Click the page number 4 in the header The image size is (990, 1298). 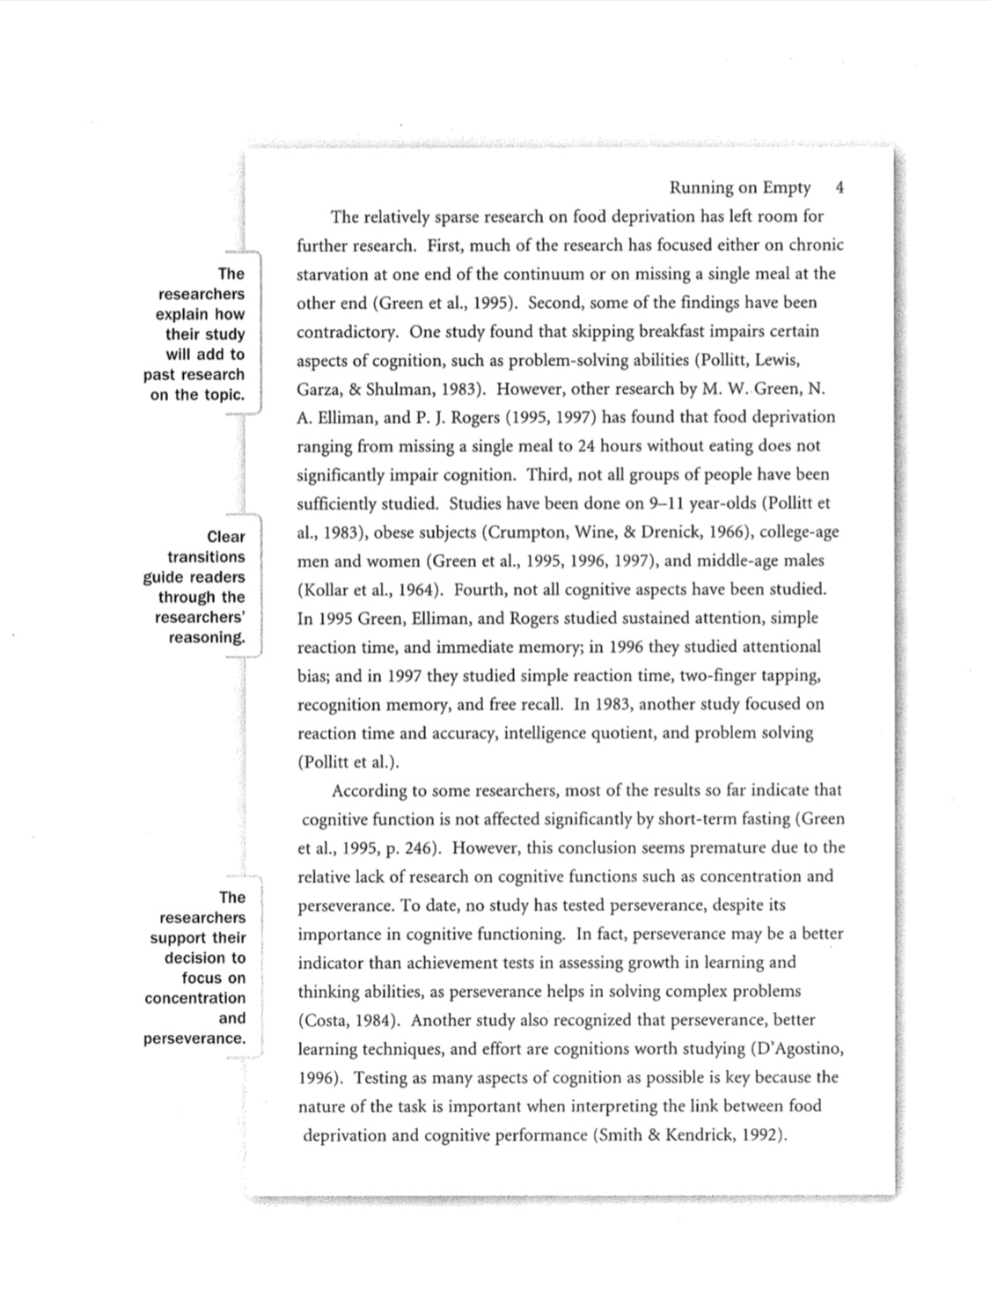tap(840, 187)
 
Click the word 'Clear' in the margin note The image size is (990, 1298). tap(226, 537)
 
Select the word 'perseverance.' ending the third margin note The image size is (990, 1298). tap(194, 1038)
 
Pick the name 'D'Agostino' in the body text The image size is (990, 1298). tap(798, 1049)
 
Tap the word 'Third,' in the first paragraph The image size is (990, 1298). tap(549, 475)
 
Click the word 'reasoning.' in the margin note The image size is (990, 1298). tap(207, 637)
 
